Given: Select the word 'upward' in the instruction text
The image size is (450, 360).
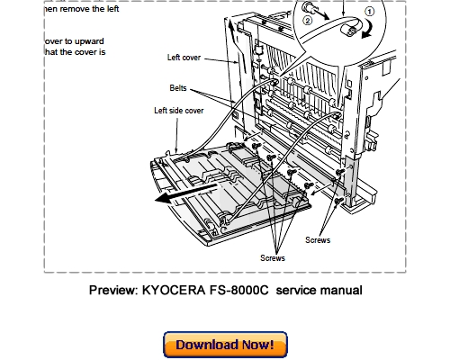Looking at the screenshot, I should point(89,40).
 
